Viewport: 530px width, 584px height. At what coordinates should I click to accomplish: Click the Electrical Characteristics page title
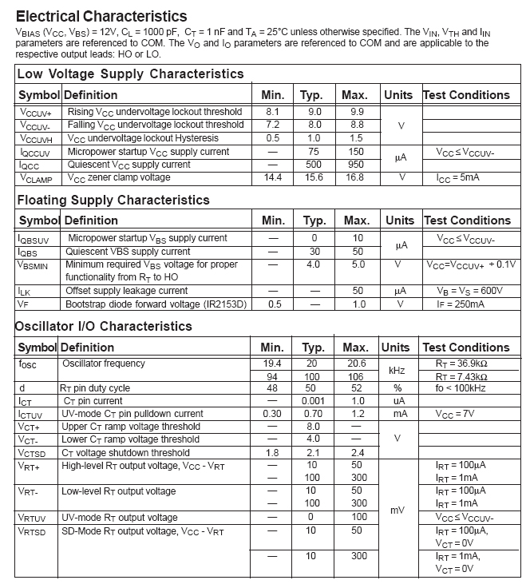(101, 16)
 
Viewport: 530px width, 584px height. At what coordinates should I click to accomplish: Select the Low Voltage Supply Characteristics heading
(130, 73)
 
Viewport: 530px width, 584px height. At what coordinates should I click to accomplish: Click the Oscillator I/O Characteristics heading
(105, 326)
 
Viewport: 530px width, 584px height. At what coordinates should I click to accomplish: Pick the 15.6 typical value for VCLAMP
(314, 177)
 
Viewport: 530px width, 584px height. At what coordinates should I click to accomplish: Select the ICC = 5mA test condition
(457, 177)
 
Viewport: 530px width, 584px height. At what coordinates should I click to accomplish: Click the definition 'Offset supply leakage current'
(127, 291)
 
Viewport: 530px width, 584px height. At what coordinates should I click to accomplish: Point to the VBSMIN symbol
(37, 264)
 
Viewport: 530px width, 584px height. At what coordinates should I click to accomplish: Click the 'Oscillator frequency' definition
(104, 364)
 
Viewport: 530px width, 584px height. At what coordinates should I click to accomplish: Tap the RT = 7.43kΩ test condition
(463, 376)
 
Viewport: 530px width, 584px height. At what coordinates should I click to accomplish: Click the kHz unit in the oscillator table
(397, 370)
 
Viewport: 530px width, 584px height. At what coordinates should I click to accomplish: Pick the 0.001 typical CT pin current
(314, 401)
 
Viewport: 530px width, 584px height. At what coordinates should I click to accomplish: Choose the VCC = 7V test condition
(456, 414)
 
